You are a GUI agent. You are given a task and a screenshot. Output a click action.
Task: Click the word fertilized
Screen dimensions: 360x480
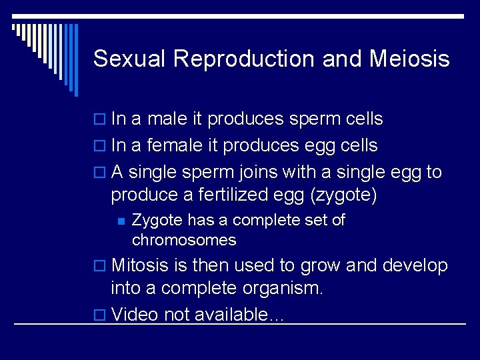[x=235, y=195]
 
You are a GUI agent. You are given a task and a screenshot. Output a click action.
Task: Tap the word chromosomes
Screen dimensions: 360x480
[x=184, y=239]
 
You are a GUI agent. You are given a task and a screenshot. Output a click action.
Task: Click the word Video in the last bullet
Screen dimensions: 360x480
[x=133, y=315]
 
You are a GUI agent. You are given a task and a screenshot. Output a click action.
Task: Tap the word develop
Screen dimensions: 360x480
[x=415, y=265]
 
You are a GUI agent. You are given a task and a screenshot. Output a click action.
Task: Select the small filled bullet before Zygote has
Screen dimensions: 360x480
[x=121, y=221]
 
